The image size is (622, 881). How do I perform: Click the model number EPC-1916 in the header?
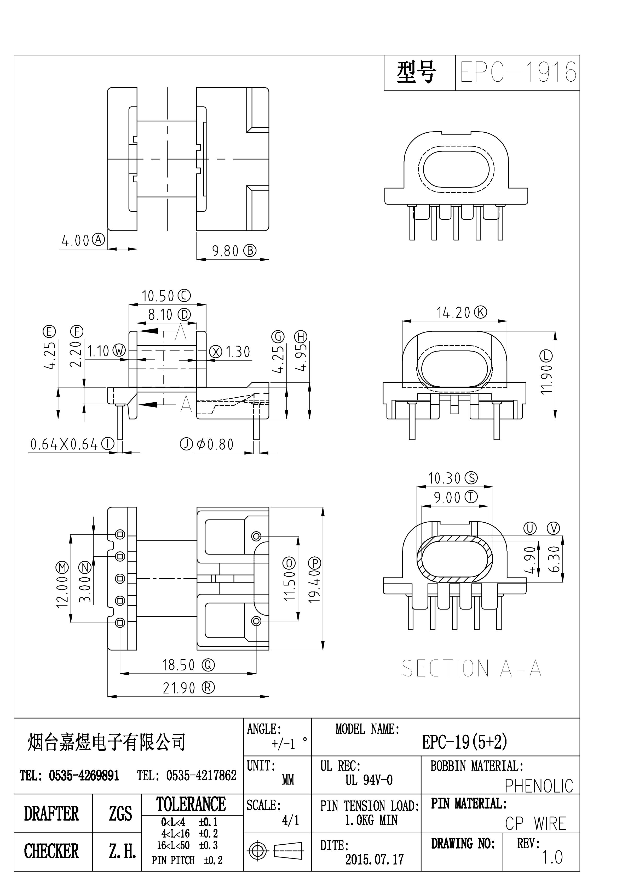click(x=518, y=72)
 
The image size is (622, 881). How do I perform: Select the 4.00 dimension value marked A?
click(x=76, y=241)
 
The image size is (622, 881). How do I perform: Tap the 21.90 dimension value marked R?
click(x=179, y=688)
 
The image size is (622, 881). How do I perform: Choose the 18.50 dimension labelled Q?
click(x=179, y=665)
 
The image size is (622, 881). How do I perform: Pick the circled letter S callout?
click(x=471, y=478)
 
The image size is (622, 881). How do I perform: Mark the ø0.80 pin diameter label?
click(x=215, y=445)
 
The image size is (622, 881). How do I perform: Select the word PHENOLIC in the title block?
click(x=539, y=786)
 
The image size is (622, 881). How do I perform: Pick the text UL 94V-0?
click(x=369, y=780)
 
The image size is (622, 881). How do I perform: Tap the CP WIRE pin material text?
click(x=535, y=823)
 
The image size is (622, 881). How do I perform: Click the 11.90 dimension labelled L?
click(x=546, y=378)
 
